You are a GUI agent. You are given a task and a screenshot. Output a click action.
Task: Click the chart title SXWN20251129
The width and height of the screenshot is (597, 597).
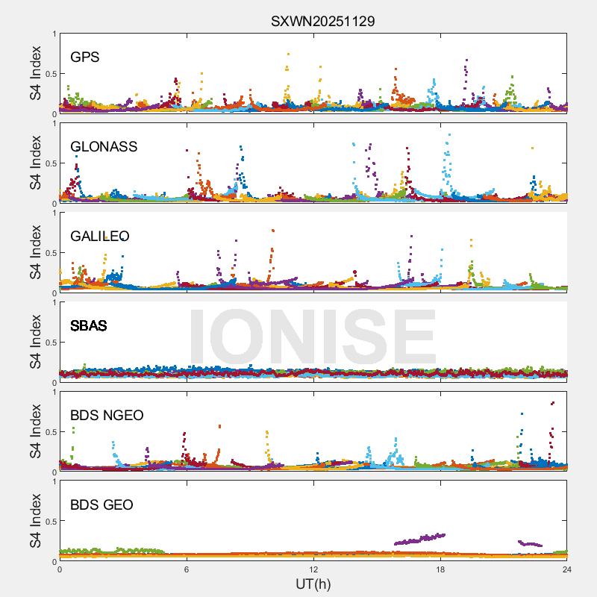click(x=322, y=21)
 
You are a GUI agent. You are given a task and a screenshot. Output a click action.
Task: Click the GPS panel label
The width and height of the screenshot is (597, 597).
click(x=85, y=57)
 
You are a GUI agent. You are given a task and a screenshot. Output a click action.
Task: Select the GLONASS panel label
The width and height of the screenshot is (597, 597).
click(x=104, y=147)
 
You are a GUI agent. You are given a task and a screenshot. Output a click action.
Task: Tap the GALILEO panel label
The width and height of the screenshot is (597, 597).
click(x=100, y=237)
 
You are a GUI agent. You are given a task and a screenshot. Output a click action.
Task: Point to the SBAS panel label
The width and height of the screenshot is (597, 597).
click(x=88, y=326)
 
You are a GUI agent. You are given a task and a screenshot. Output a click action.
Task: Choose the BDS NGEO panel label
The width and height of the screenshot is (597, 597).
click(x=107, y=416)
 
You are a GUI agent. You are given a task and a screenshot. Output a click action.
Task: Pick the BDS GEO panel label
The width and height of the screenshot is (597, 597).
click(x=101, y=505)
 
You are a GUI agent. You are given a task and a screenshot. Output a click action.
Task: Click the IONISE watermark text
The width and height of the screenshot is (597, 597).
click(x=312, y=337)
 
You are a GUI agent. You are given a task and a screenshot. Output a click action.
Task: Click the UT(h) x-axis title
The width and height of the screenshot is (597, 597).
click(x=313, y=584)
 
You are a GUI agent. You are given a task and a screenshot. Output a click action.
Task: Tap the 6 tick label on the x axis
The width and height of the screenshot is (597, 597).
click(x=187, y=570)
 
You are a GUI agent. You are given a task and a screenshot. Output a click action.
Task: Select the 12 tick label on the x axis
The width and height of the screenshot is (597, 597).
click(x=313, y=570)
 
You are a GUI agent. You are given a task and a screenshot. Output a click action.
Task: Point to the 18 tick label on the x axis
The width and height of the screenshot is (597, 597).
click(x=440, y=570)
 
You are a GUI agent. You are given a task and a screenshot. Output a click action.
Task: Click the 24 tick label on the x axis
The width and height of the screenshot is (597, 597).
click(x=566, y=570)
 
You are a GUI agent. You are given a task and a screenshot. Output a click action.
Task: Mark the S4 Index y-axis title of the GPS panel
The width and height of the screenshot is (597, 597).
click(x=36, y=73)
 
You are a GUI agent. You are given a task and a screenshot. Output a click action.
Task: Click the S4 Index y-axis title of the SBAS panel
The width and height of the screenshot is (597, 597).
click(x=36, y=342)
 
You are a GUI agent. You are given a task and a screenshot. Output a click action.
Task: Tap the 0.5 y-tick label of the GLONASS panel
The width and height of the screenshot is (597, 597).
click(x=49, y=163)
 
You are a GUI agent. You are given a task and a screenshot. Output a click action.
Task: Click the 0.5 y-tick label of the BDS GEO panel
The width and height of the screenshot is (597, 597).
click(x=49, y=522)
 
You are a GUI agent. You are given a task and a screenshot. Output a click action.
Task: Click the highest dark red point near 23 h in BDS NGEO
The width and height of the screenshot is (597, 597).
click(x=552, y=403)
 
